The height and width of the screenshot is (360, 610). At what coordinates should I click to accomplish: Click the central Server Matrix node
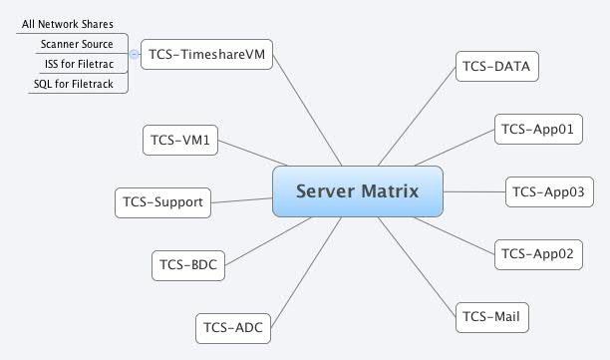pyautogui.click(x=356, y=190)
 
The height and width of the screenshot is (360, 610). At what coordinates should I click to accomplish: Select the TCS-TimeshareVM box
pyautogui.click(x=206, y=54)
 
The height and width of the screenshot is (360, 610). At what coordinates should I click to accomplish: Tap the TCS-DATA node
pyautogui.click(x=497, y=67)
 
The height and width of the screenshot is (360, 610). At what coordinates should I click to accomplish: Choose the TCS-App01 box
pyautogui.click(x=537, y=129)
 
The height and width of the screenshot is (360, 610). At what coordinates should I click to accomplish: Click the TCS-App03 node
pyautogui.click(x=550, y=191)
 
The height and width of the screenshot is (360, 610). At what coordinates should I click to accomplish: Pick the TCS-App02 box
pyautogui.click(x=537, y=253)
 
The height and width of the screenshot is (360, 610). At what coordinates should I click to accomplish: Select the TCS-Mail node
pyautogui.click(x=491, y=317)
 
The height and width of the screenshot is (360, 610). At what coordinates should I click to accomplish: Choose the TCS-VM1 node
pyautogui.click(x=180, y=140)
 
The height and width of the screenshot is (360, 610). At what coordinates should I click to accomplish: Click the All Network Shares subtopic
pyautogui.click(x=68, y=23)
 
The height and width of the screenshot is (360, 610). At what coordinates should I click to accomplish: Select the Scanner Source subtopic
pyautogui.click(x=76, y=44)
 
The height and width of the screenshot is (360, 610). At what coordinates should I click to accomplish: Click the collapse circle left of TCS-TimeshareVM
pyautogui.click(x=134, y=54)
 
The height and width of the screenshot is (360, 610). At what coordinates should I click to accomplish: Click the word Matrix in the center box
pyautogui.click(x=390, y=190)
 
